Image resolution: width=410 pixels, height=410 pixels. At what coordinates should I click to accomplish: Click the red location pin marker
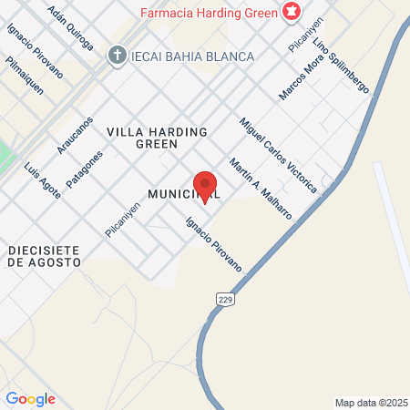[x=205, y=185]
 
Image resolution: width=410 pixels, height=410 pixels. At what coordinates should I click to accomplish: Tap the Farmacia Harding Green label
[x=209, y=13]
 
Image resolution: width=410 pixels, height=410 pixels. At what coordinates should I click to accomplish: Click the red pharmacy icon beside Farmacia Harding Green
[x=292, y=12]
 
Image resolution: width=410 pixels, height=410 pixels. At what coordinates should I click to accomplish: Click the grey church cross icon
[x=116, y=56]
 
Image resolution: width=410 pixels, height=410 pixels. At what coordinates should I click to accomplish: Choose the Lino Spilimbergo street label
[x=340, y=67]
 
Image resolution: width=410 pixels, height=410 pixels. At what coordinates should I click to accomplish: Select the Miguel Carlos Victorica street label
[x=278, y=154]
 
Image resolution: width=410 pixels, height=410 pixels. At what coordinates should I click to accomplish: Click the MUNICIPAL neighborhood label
[x=183, y=194]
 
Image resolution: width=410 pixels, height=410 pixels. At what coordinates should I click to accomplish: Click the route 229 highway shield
[x=224, y=298]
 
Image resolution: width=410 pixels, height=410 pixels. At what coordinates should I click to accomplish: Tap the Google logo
[x=31, y=399]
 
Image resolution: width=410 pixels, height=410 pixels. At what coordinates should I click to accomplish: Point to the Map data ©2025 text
[x=369, y=403]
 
